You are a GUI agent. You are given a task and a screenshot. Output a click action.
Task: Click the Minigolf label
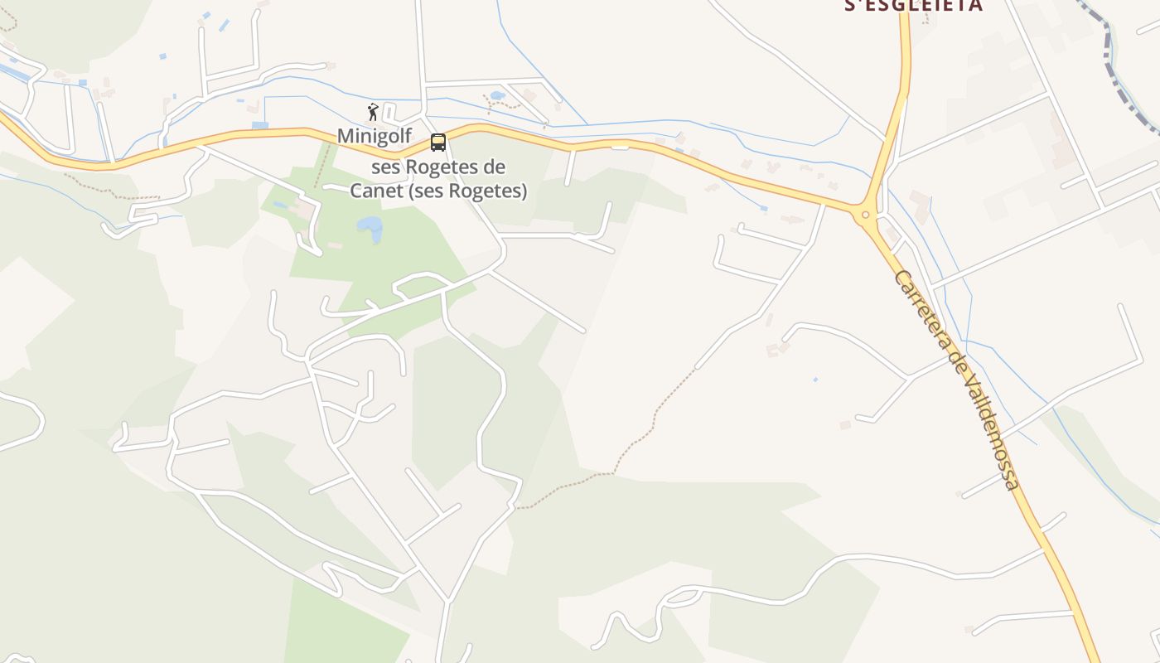374,136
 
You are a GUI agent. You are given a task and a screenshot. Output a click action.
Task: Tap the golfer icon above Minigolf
373,112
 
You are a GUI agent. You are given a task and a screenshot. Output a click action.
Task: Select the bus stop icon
437,143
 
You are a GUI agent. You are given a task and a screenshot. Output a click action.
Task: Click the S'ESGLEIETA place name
913,6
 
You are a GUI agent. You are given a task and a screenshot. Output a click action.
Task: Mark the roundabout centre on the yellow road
865,215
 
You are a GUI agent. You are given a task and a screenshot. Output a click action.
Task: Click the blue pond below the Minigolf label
370,228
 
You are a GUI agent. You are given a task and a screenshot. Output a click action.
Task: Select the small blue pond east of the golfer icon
497,95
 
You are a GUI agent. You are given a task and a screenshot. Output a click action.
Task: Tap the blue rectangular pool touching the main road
260,125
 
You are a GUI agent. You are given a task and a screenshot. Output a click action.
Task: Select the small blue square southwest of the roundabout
763,208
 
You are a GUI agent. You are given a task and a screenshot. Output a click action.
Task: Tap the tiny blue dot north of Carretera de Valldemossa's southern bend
815,380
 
